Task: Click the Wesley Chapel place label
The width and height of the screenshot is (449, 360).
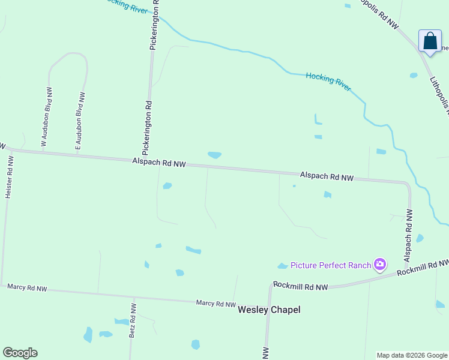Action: tap(269, 310)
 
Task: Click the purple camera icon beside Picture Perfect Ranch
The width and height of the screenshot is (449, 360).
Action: tap(379, 264)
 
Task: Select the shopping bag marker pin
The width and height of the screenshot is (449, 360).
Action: tap(430, 41)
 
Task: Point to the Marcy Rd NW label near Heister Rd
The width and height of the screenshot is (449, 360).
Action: tap(27, 288)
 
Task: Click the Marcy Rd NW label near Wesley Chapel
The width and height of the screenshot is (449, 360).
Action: tap(215, 304)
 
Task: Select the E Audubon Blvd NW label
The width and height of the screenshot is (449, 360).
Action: tap(79, 121)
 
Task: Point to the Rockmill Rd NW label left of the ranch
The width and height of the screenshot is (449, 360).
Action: tap(300, 287)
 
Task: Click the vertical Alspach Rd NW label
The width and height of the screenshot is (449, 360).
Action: tap(409, 235)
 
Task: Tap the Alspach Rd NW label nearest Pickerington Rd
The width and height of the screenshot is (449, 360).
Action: tap(159, 162)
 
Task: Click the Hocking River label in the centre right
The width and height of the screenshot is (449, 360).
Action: tap(328, 80)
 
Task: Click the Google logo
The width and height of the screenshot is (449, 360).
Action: tap(20, 353)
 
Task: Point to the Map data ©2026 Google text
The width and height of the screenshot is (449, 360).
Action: tap(412, 355)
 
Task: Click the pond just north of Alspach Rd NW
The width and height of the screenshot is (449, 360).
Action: tap(214, 155)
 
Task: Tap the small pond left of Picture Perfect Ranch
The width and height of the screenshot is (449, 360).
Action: tap(282, 266)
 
